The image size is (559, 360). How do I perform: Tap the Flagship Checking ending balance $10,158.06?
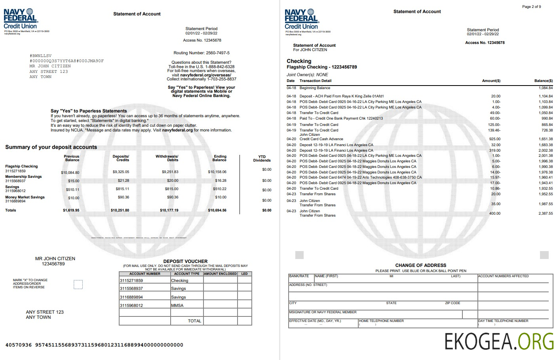point(217,172)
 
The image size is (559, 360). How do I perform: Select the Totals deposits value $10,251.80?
point(120,210)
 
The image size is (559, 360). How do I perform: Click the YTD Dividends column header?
point(262,158)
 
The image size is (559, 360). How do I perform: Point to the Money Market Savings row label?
point(25,197)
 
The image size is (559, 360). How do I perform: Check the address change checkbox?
point(78,284)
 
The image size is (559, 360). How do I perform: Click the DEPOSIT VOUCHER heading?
point(185,261)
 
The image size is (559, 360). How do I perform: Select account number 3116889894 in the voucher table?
point(131,297)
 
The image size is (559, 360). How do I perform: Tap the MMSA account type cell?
point(177,305)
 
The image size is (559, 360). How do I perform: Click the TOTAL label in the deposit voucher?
point(194,321)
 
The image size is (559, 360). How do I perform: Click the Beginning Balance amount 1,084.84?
point(546,88)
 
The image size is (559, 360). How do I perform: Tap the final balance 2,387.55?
point(546,213)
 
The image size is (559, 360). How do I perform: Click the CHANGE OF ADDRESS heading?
point(420,265)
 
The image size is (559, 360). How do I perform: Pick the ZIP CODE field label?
point(453,303)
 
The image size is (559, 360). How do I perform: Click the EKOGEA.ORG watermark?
point(499,341)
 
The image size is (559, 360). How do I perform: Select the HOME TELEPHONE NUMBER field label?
point(381,321)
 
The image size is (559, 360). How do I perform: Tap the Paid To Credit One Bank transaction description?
point(341,118)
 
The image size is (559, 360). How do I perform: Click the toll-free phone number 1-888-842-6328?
point(220,67)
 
